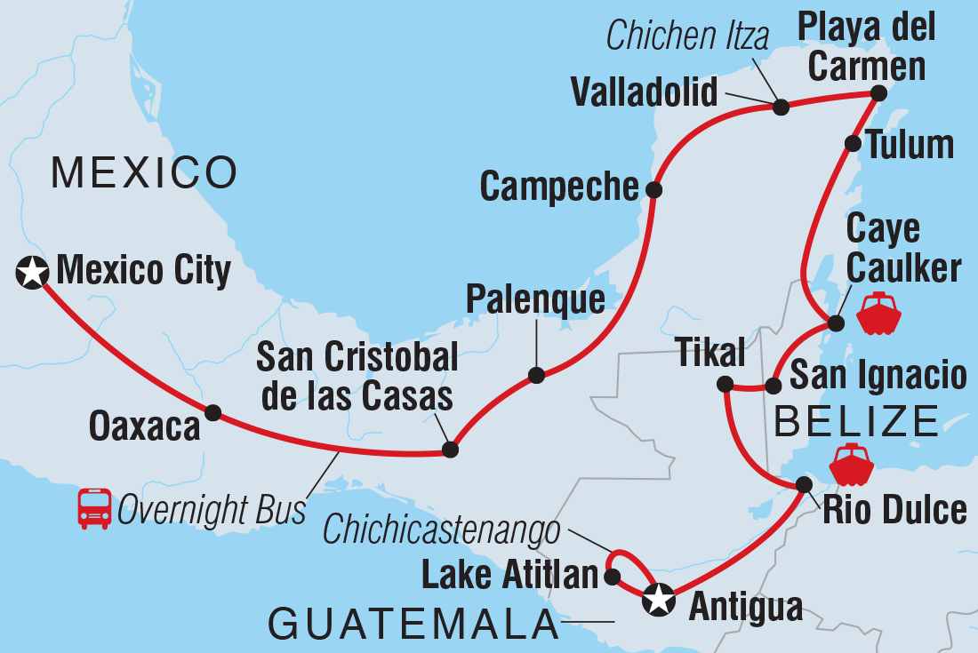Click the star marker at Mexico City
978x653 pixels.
33,272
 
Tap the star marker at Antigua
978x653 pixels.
658,600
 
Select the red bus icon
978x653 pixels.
94,509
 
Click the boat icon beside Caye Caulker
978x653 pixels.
879,312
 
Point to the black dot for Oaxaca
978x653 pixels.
213,412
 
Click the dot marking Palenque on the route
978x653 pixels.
536,375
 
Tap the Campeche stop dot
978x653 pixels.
653,189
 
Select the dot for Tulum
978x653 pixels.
852,143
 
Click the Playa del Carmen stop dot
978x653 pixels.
878,92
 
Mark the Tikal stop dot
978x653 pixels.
725,385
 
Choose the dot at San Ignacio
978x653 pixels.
774,386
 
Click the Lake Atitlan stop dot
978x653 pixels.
612,577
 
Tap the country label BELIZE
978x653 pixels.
856,421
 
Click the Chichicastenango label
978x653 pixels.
442,531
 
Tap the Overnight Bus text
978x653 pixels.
212,512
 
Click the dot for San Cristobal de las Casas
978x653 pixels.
451,450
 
